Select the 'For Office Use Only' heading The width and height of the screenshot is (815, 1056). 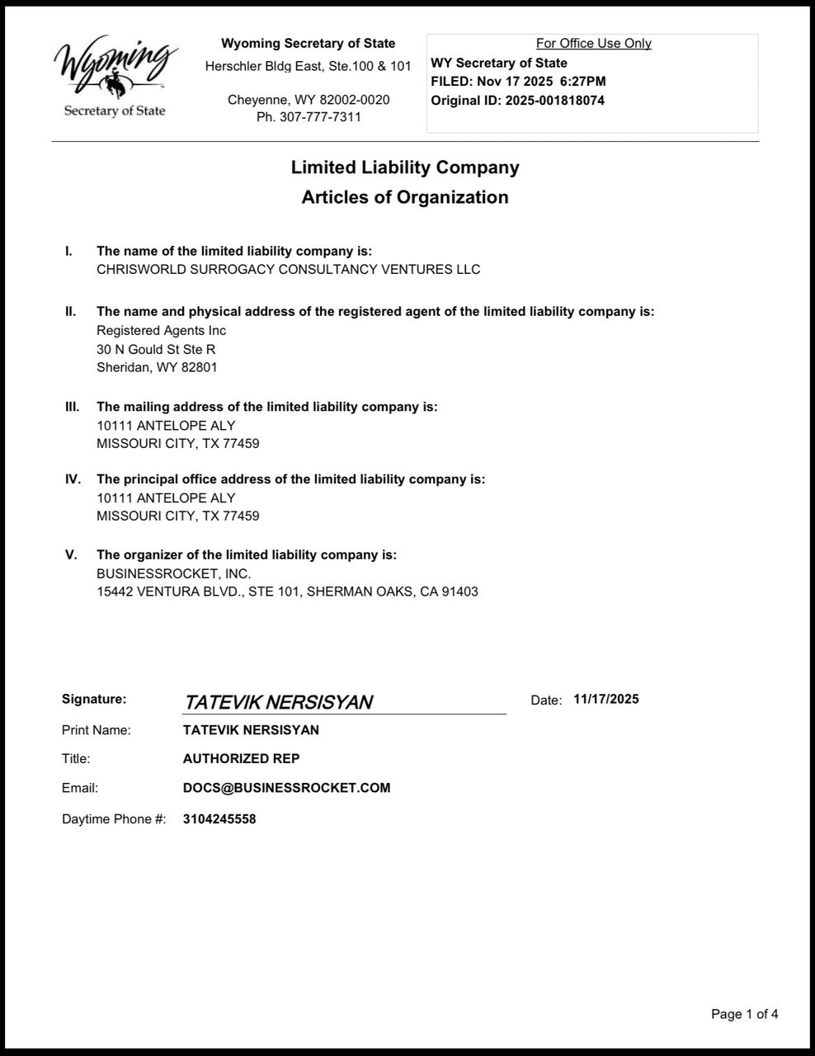coord(593,44)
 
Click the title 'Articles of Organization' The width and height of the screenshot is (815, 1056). coord(404,197)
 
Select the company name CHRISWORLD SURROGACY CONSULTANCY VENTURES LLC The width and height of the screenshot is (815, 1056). coord(288,270)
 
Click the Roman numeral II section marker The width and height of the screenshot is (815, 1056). coord(71,312)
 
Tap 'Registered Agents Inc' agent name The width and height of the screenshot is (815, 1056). coord(161,331)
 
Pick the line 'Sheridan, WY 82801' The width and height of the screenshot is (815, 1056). coord(157,368)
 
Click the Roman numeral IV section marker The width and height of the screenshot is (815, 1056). coord(73,479)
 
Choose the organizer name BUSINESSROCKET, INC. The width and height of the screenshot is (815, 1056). coord(173,573)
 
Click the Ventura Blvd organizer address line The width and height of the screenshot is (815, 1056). coord(287,592)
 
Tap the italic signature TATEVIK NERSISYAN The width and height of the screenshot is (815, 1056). coord(278,702)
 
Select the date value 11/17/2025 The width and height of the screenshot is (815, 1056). coord(605,700)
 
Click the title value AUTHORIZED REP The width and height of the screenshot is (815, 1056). coord(241,758)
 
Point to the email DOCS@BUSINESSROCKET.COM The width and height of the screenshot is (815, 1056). coord(286,788)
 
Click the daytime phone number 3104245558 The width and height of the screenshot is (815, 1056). coord(219,819)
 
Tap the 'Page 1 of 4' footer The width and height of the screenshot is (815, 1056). coord(744,1014)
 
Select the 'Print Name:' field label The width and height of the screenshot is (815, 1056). coord(96,730)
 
